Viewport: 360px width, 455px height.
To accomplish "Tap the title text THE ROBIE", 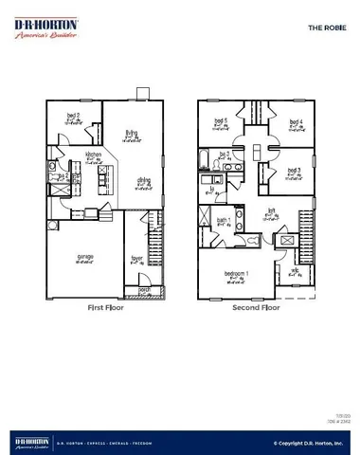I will coord(324,28).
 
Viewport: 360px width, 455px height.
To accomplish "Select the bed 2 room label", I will coord(72,116).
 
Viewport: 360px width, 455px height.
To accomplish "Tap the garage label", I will coord(84,256).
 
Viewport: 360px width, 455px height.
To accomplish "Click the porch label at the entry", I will coord(145,289).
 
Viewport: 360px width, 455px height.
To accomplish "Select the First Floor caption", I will coord(105,308).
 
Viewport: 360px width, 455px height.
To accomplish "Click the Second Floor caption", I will coord(256,308).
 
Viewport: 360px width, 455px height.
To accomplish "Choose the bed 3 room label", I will coord(295,171).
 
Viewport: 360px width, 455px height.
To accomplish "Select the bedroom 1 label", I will coord(238,273).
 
